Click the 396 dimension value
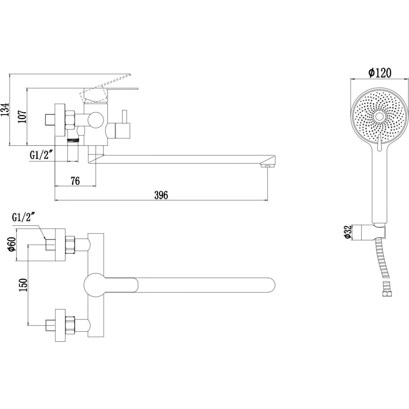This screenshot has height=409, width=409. pyautogui.click(x=161, y=195)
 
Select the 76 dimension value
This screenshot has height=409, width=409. pyautogui.click(x=75, y=181)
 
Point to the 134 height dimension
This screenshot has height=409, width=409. pyautogui.click(x=5, y=110)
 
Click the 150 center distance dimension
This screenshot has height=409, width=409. pyautogui.click(x=24, y=284)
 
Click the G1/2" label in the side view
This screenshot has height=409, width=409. pyautogui.click(x=42, y=155)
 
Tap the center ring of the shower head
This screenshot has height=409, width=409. pyautogui.click(x=379, y=117)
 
